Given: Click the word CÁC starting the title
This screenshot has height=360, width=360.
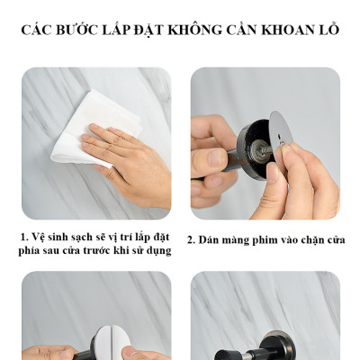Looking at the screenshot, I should pos(38,30).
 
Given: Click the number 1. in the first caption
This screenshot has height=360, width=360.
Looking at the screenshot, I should pos(23,236).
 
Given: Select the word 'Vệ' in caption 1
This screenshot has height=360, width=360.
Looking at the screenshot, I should pos(40,236).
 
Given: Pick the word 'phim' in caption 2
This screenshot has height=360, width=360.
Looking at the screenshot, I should pos(267,240).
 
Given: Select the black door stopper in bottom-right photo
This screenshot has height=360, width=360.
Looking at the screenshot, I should pos(270,346).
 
